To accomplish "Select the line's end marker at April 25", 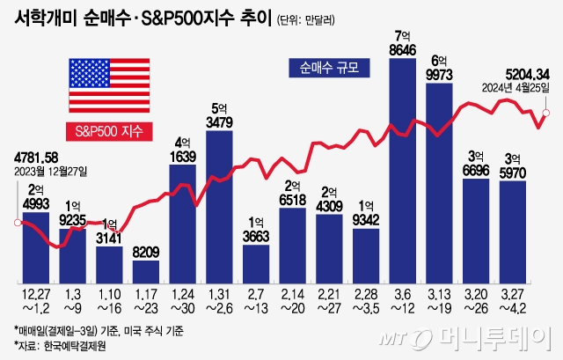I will [x=546, y=112].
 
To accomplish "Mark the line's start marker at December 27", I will [x=18, y=222].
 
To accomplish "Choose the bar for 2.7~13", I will [x=256, y=263].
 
